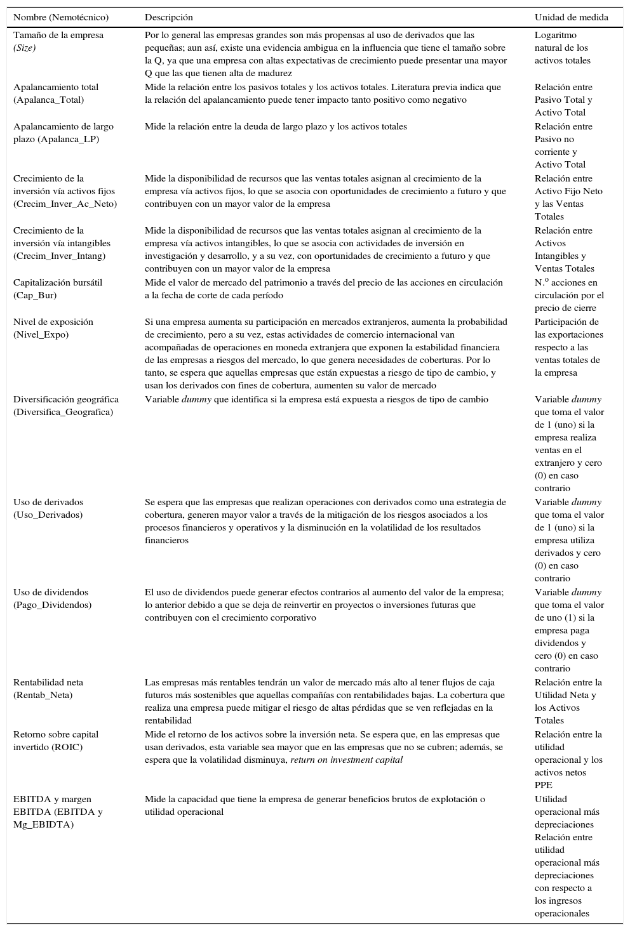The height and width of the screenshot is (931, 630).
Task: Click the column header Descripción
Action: coord(169,17)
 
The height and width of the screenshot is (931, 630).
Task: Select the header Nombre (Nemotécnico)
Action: coord(61,17)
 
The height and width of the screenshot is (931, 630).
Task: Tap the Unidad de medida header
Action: coord(571,17)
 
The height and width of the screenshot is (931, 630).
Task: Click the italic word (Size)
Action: coord(25,48)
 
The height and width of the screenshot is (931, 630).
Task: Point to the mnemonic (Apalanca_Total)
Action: coord(48,100)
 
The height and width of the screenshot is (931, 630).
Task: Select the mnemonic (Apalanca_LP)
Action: coord(56,139)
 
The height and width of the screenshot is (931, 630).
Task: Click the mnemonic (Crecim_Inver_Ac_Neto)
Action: coord(65,204)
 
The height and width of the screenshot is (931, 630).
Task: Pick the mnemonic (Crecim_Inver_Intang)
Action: coord(60,256)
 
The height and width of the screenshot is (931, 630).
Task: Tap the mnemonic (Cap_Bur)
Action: coord(35,295)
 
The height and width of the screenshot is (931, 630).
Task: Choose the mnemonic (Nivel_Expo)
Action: coord(41,334)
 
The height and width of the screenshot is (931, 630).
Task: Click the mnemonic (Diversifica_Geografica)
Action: coord(63,412)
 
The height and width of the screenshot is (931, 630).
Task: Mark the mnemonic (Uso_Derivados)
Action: coord(48,515)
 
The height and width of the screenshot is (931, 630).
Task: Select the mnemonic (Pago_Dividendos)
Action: coord(52,605)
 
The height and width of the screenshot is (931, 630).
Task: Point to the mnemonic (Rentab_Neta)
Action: coord(43,695)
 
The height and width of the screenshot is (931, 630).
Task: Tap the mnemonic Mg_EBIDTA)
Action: coord(44,824)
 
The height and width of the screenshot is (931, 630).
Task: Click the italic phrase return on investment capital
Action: coord(346,760)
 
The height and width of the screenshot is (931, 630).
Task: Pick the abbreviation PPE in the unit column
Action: coord(544,785)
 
